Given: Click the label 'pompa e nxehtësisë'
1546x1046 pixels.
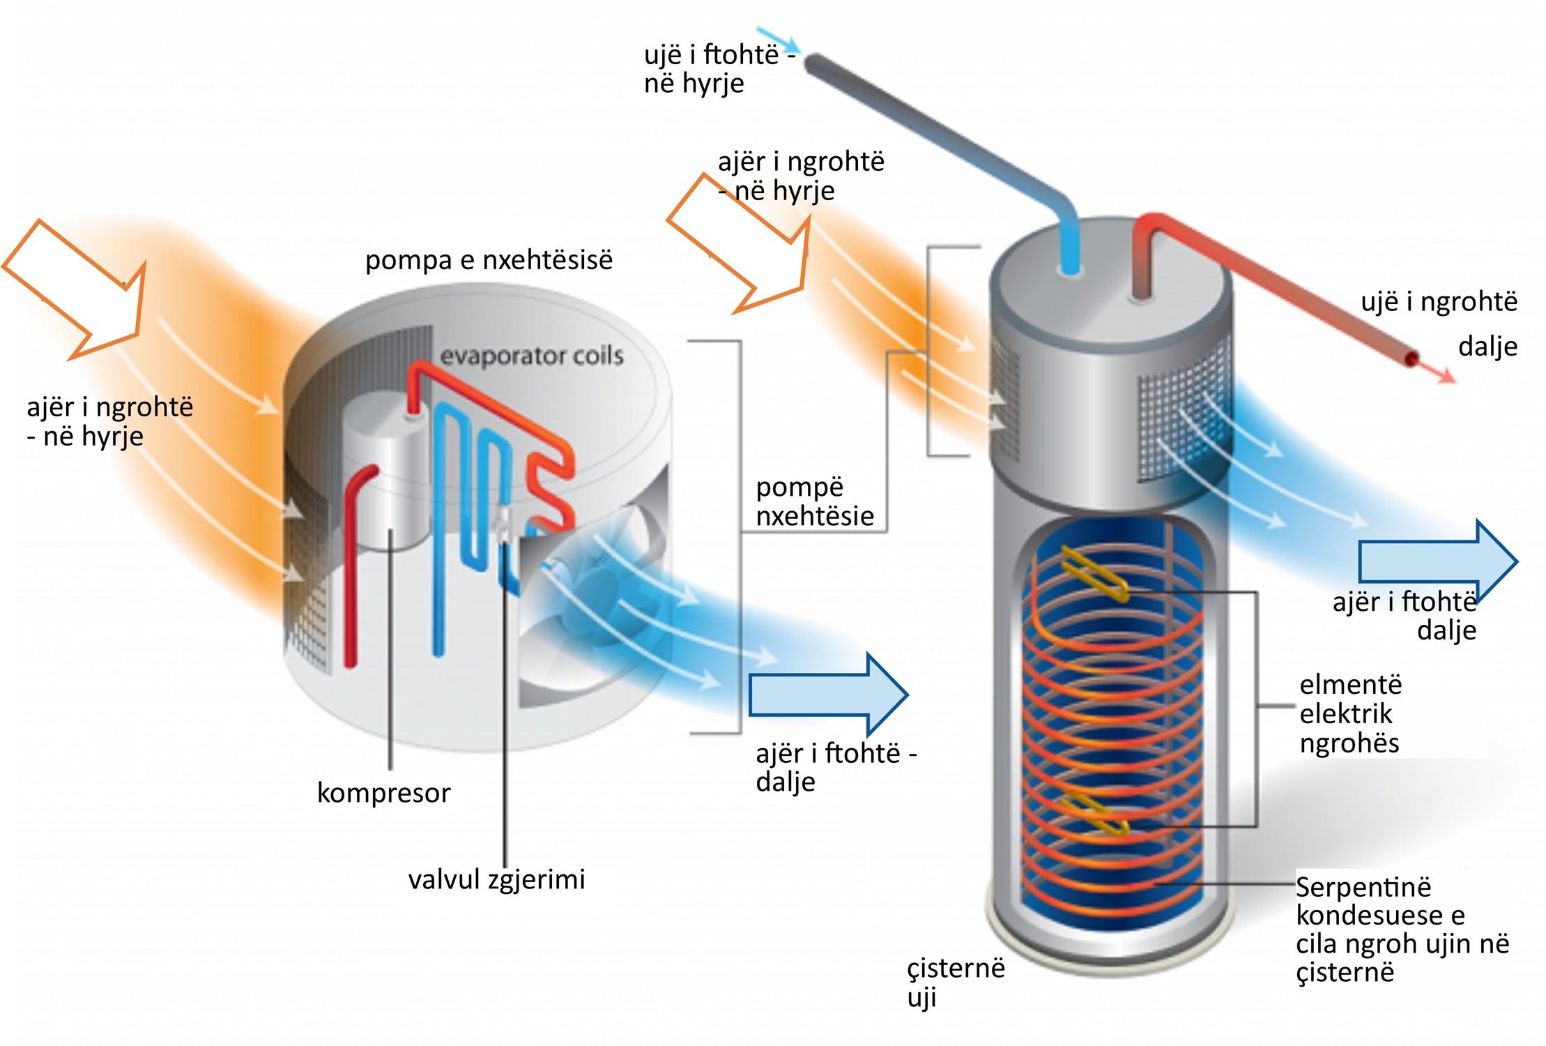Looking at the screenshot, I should pos(489,260).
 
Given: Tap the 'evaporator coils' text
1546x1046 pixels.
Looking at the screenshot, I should pos(531,356).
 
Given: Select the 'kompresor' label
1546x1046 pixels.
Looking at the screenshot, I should pos(383,793).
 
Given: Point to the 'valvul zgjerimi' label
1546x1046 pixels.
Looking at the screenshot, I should pos(496,879).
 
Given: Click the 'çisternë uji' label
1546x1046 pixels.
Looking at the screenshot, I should pos(955,982).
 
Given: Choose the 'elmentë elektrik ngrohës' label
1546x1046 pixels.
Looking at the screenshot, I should pos(1349,713).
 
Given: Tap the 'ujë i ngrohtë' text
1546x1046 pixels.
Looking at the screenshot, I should pos(1439,302).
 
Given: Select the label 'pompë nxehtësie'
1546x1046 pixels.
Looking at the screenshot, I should pos(814,501).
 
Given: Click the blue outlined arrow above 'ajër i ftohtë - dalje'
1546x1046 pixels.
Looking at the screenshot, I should pos(828,695).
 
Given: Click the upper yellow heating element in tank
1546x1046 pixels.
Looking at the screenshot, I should pos(1094,574).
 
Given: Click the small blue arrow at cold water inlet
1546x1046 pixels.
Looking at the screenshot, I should pos(777,39).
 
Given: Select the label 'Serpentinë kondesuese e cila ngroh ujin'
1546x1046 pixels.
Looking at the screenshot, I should pos(1401,929).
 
